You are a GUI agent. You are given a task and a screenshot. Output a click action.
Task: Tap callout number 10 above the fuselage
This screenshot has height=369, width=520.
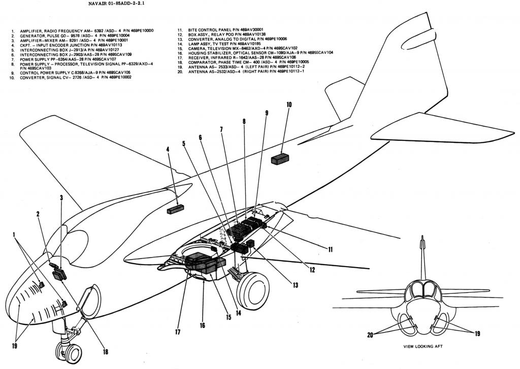pyautogui.click(x=289, y=105)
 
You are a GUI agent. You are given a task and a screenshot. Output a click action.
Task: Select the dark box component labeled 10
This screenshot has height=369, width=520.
pyautogui.click(x=280, y=159)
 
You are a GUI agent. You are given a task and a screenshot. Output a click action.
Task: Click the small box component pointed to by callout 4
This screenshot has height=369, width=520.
pyautogui.click(x=175, y=208)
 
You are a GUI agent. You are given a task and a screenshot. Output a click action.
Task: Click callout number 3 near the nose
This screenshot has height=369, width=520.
pyautogui.click(x=61, y=198)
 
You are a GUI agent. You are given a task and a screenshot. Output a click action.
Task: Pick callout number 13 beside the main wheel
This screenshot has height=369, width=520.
pyautogui.click(x=295, y=285)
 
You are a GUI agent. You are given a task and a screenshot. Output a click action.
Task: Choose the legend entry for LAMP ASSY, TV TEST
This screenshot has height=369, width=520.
pyautogui.click(x=223, y=44)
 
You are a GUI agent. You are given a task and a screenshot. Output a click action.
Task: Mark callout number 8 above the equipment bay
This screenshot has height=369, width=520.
pyautogui.click(x=244, y=122)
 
